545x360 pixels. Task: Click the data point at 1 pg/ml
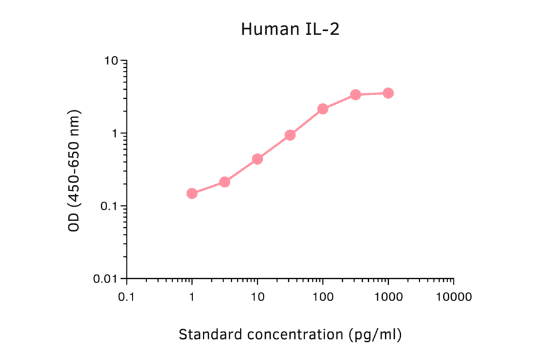click(x=192, y=193)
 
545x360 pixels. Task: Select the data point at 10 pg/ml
click(x=257, y=159)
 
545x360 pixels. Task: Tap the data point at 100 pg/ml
click(x=323, y=109)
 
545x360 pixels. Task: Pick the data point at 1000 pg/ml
click(x=388, y=93)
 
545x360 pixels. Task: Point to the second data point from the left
click(x=225, y=182)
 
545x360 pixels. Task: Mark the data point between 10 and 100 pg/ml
click(x=290, y=135)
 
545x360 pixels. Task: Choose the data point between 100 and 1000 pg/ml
click(x=355, y=95)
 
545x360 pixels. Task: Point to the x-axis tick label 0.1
click(x=127, y=297)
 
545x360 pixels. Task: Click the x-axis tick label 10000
click(x=454, y=297)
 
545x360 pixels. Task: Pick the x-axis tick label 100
click(x=323, y=297)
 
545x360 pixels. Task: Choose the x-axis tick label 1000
click(x=388, y=297)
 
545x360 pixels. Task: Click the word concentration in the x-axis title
click(x=290, y=334)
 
